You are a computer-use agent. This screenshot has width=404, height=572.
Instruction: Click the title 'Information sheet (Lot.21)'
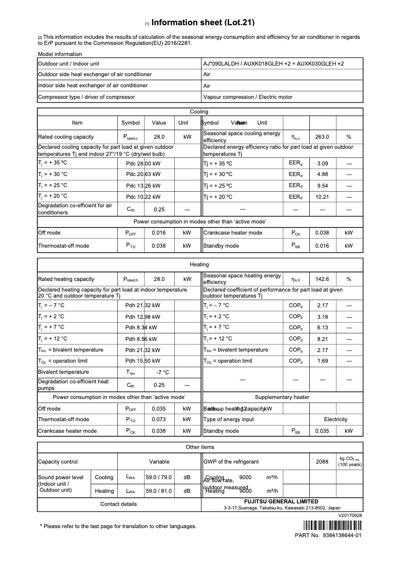203,23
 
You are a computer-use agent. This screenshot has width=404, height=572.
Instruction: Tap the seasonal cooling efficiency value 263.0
322,137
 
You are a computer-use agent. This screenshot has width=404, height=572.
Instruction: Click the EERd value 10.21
322,197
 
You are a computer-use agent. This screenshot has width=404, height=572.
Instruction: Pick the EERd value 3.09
322,163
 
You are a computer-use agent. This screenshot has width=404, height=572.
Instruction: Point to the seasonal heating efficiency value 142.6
322,279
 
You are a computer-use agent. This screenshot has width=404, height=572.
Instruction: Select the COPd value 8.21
322,339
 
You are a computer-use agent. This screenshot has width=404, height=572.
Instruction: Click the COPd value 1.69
322,361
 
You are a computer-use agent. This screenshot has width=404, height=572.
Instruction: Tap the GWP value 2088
322,462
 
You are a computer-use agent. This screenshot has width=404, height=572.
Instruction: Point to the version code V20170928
350,516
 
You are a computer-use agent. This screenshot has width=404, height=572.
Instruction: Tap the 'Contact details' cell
118,504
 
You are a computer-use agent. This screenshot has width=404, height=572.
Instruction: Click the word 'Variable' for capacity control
159,462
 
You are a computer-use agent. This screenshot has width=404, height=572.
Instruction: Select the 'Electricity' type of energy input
335,419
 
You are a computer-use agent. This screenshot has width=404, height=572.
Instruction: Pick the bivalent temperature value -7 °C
162,372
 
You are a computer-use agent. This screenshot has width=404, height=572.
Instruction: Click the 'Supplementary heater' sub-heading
282,397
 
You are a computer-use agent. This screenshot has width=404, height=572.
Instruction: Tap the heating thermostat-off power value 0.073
159,419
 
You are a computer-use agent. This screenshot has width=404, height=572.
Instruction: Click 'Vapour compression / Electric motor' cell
247,97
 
